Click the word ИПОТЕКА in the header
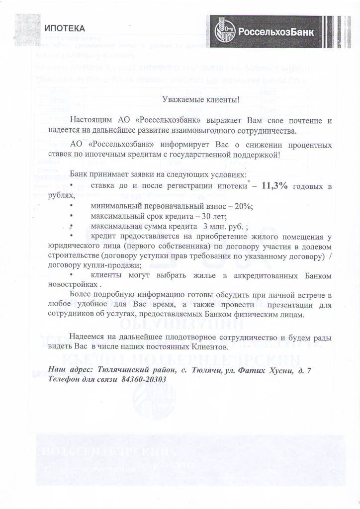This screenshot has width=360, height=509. [x=65, y=26]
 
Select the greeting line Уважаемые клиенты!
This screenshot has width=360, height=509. [x=201, y=99]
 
